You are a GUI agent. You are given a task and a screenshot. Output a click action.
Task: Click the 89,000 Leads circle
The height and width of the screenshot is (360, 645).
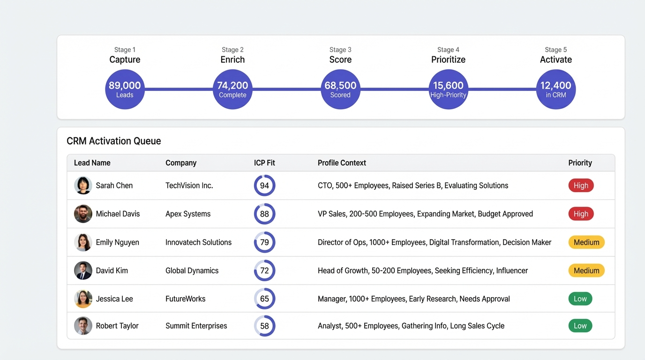(x=125, y=89)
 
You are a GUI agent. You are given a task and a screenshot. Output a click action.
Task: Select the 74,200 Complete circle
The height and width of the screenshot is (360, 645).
(x=232, y=89)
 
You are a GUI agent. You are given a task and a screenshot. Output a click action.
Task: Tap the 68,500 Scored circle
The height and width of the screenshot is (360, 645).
(x=340, y=89)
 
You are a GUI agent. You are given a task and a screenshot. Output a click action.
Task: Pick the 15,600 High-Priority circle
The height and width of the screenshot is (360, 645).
(x=448, y=89)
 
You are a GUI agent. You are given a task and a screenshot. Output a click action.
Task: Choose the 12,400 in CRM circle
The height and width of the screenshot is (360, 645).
(x=555, y=89)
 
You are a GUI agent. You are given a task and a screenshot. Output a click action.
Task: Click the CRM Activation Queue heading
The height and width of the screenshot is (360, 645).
(x=114, y=141)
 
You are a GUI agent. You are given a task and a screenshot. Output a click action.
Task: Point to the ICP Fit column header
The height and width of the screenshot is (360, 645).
(x=264, y=163)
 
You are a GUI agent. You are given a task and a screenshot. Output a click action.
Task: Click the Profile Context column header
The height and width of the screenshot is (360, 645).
(x=342, y=163)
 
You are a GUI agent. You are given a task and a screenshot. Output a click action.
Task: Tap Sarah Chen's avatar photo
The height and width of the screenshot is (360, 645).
(x=83, y=186)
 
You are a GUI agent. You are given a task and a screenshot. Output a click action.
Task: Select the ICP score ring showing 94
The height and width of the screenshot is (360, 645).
(x=264, y=186)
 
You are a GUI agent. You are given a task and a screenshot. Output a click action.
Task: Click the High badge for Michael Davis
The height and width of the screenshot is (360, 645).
(x=581, y=214)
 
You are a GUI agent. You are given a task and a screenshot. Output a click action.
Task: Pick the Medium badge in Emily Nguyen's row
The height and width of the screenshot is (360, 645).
(x=586, y=242)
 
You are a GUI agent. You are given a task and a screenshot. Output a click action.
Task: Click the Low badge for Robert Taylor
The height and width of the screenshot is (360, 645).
(x=580, y=326)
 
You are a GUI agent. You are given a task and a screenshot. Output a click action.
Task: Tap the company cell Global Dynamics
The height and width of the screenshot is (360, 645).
(x=192, y=270)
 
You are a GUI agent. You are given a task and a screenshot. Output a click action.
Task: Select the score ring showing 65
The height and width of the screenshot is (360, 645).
(x=264, y=299)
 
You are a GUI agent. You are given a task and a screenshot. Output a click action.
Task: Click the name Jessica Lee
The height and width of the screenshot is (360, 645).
(x=114, y=299)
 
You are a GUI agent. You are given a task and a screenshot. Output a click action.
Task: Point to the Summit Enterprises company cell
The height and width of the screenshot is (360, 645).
(x=196, y=326)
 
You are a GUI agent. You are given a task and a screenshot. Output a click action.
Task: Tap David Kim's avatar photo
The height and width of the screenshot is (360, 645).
(x=83, y=270)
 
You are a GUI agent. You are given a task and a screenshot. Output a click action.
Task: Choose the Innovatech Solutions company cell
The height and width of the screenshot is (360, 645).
(x=198, y=242)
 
